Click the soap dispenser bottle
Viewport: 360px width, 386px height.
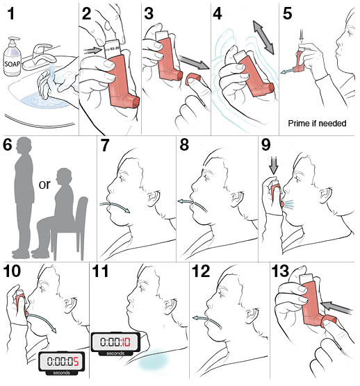click(x=12, y=57)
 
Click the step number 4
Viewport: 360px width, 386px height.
click(x=218, y=14)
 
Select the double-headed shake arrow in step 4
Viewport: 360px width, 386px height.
click(x=263, y=37)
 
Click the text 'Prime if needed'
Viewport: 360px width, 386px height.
click(x=317, y=123)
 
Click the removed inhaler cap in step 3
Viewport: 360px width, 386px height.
click(x=193, y=78)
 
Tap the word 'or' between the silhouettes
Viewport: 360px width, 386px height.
click(x=44, y=185)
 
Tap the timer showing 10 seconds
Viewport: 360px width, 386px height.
click(x=115, y=344)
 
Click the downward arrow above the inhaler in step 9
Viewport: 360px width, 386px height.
click(x=274, y=165)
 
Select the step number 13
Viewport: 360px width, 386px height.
click(x=280, y=271)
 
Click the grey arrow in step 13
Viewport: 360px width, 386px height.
click(x=336, y=308)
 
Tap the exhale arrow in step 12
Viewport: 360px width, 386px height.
click(x=206, y=321)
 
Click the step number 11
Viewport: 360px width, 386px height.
click(x=100, y=271)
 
